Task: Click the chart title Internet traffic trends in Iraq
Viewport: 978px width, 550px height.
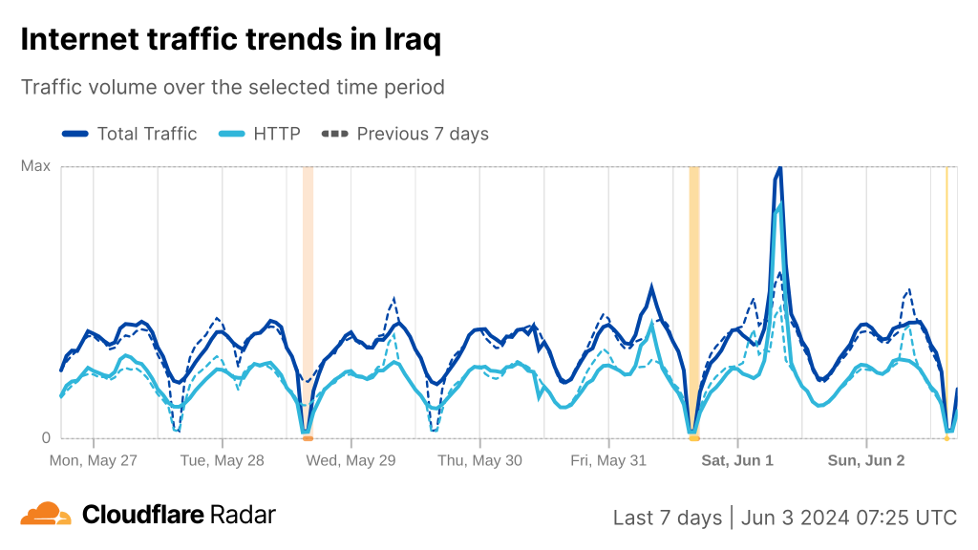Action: pos(230,40)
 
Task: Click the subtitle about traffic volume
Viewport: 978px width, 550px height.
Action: pos(233,87)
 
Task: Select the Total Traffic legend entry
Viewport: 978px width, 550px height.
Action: pos(130,134)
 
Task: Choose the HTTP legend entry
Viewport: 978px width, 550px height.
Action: pos(261,134)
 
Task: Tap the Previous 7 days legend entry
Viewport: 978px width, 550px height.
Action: pos(407,134)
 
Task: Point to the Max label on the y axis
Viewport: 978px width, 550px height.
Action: pos(35,166)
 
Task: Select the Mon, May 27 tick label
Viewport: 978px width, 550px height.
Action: pos(94,460)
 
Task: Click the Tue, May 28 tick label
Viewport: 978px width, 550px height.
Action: pos(223,460)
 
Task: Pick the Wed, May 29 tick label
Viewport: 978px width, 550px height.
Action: pos(351,460)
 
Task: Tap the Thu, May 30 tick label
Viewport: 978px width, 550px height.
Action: pos(479,460)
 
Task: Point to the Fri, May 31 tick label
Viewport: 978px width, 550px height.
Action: pos(608,460)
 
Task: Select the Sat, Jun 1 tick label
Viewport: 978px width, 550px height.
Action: pos(737,460)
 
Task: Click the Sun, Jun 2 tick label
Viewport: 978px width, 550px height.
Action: pos(866,460)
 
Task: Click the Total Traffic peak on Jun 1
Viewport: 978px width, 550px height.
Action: pos(779,169)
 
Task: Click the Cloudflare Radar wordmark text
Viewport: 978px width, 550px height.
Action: pos(179,515)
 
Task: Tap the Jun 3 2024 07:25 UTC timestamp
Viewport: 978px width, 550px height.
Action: pos(849,518)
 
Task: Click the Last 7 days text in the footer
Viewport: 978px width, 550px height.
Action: pos(667,518)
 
